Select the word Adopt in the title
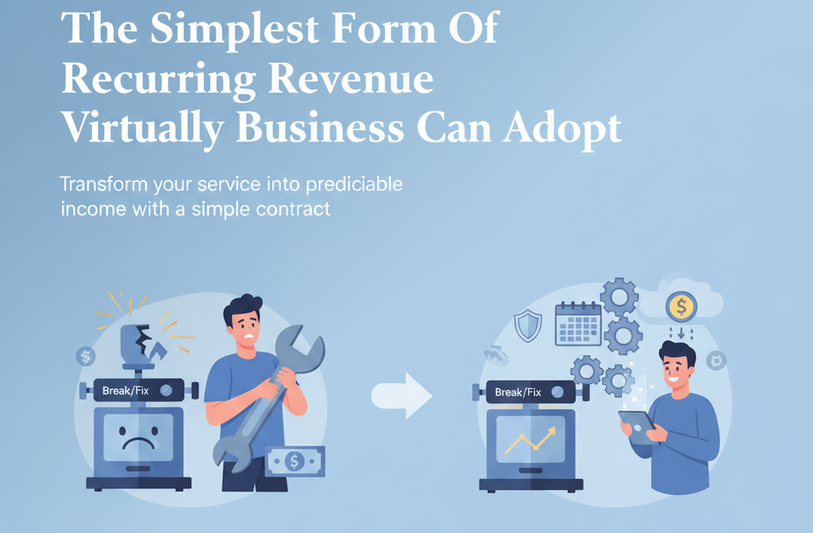coord(562,129)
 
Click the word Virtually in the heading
coord(143,129)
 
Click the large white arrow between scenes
coord(402,396)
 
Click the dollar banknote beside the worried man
coord(295,461)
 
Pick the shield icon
coord(528,326)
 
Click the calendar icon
coord(578,324)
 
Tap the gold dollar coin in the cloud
coord(681,307)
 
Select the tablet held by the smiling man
coord(638,427)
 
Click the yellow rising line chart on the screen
coord(530,441)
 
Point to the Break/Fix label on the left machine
coord(125,390)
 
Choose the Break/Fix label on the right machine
coord(518,392)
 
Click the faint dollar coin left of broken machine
coord(86,357)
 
